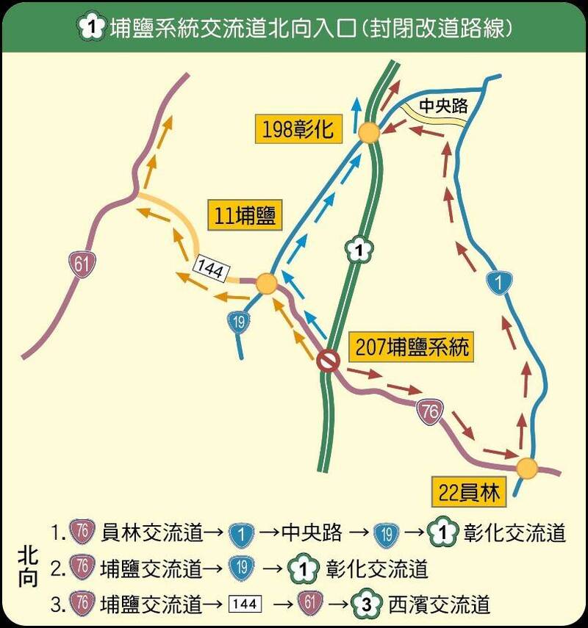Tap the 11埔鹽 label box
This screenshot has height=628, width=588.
[x=245, y=214]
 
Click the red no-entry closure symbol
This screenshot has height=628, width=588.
[x=327, y=361]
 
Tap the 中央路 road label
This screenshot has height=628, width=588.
[x=443, y=105]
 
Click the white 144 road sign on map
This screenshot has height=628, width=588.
[x=210, y=270]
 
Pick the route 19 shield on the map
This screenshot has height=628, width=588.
[x=237, y=321]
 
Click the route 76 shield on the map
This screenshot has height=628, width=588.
[x=429, y=413]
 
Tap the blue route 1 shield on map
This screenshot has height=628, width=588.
[x=500, y=282]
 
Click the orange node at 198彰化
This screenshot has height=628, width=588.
[x=369, y=133]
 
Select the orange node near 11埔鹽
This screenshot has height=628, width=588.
[x=267, y=284]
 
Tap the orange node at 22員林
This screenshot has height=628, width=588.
[x=526, y=468]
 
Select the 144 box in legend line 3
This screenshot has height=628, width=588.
[x=244, y=604]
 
